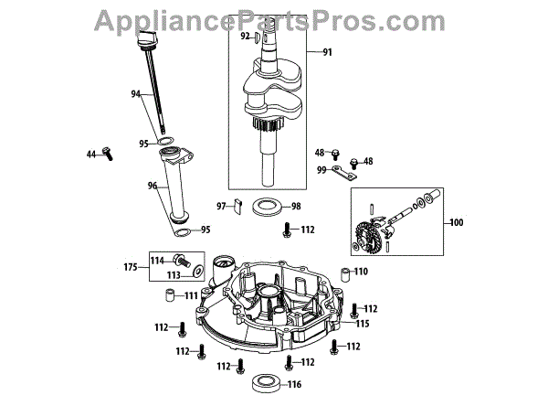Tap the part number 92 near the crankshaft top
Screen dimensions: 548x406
click(x=245, y=37)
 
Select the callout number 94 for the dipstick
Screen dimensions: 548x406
click(x=137, y=94)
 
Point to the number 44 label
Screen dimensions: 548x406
click(x=91, y=155)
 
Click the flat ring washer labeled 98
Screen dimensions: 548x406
click(x=266, y=205)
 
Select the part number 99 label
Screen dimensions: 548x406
click(x=321, y=170)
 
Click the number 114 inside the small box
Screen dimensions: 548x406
click(x=156, y=260)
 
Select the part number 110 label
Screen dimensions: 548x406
click(x=361, y=272)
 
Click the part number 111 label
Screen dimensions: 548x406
click(x=191, y=295)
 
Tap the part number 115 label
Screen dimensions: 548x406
click(x=363, y=324)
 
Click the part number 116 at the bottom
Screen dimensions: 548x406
click(x=294, y=385)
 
